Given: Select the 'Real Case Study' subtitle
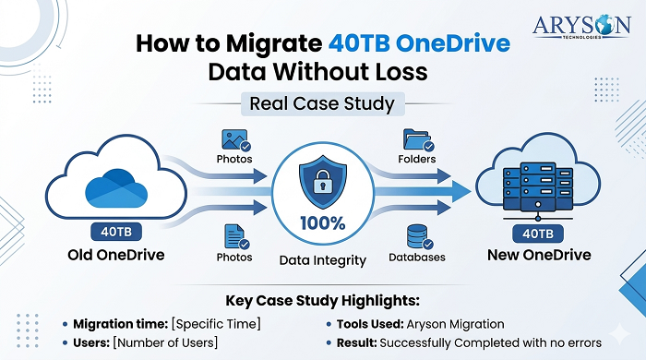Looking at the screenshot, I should click(x=321, y=103).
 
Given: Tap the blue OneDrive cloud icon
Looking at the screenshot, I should click(x=114, y=187).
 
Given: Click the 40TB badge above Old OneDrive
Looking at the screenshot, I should click(x=114, y=232).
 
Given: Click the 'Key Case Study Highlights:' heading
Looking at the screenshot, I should click(x=322, y=301).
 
